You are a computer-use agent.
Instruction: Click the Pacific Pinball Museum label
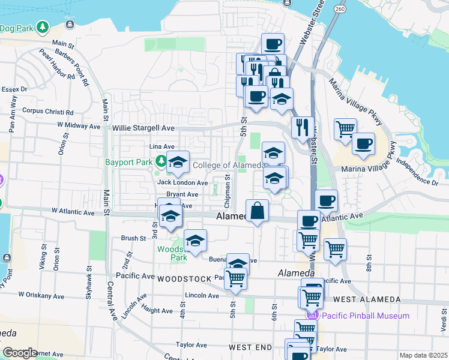pos(366,316)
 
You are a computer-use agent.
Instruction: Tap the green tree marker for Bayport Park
pos(161,161)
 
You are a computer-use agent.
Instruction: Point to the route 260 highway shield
pos(340,9)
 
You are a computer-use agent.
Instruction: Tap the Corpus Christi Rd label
pos(47,111)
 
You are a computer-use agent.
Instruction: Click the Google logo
pos(20,353)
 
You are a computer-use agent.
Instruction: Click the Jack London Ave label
pos(182,182)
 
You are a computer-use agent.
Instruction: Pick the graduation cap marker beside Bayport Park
pos(178,163)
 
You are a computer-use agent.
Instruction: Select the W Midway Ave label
pos(79,126)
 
